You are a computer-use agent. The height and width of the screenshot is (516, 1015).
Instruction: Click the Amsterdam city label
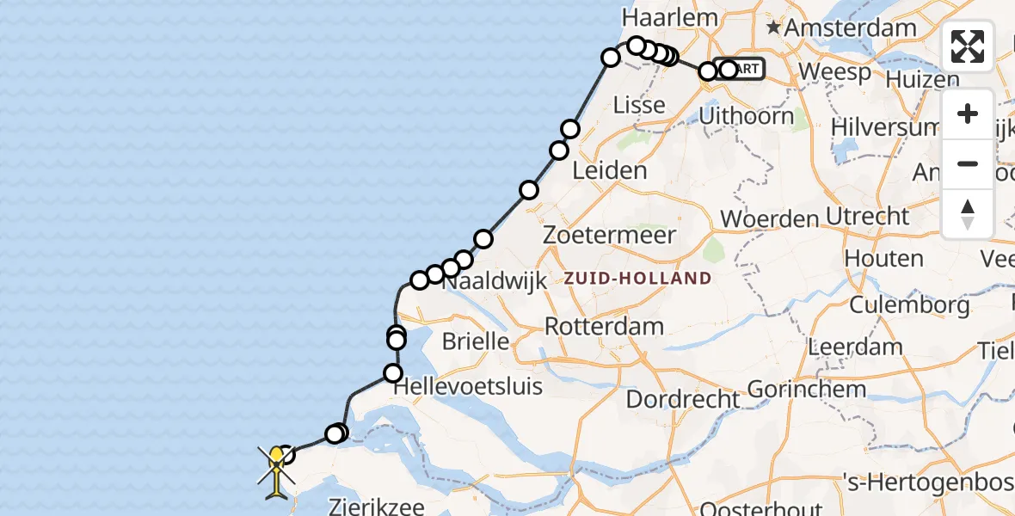851,28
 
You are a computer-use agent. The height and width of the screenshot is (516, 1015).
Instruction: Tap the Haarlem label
659,18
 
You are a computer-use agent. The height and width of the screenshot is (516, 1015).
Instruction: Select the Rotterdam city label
605,327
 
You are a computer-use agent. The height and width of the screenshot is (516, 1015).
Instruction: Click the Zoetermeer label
610,235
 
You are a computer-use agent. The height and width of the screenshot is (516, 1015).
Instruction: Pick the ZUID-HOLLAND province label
637,278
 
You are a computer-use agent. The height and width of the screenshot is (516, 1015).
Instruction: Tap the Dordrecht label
683,400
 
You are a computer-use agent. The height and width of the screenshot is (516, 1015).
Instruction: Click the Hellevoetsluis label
468,387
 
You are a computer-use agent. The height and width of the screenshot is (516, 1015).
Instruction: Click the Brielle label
476,341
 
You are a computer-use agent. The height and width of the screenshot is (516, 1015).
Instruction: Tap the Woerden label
769,218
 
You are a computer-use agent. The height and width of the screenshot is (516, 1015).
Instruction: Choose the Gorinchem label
807,390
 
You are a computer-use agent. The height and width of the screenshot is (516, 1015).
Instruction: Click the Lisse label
639,105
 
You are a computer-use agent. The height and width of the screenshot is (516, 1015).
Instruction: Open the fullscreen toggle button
968,46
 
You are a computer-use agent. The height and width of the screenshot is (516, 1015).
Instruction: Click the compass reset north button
968,213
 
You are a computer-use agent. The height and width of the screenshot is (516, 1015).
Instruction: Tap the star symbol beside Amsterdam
773,28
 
